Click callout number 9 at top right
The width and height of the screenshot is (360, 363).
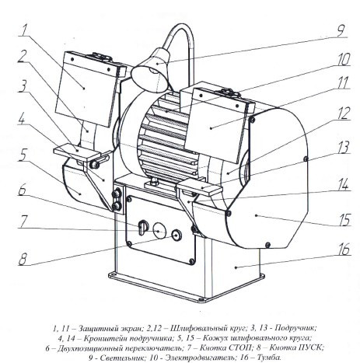[341, 30]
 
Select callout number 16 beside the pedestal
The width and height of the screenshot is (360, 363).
[344, 249]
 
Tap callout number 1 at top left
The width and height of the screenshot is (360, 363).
[24, 30]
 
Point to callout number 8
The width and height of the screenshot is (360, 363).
[23, 259]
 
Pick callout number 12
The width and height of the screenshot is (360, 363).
[344, 113]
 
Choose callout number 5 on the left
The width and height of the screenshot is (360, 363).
[23, 155]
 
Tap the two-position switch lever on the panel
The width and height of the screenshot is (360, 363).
[142, 227]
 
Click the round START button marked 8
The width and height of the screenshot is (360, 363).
[177, 235]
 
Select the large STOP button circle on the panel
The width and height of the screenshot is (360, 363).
[159, 230]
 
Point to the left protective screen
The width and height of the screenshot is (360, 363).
[87, 89]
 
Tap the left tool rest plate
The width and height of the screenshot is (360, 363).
[77, 151]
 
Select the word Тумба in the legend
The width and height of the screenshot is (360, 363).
[269, 358]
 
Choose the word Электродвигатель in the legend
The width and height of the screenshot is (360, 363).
[201, 358]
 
